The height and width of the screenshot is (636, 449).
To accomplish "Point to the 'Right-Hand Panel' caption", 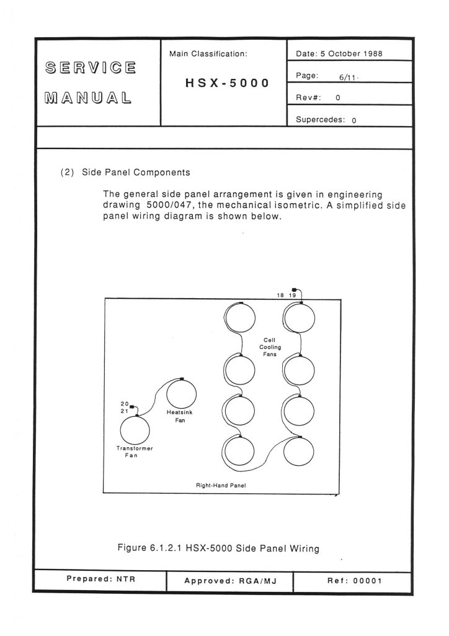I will click(222, 485).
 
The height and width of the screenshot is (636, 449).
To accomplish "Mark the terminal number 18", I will click(281, 295).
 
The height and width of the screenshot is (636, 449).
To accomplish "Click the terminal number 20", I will click(124, 404).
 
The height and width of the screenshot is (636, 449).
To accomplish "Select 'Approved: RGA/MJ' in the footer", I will click(229, 581).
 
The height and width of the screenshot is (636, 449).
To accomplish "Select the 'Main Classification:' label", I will click(208, 54).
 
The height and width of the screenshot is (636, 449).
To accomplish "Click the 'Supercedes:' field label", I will click(320, 120).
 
